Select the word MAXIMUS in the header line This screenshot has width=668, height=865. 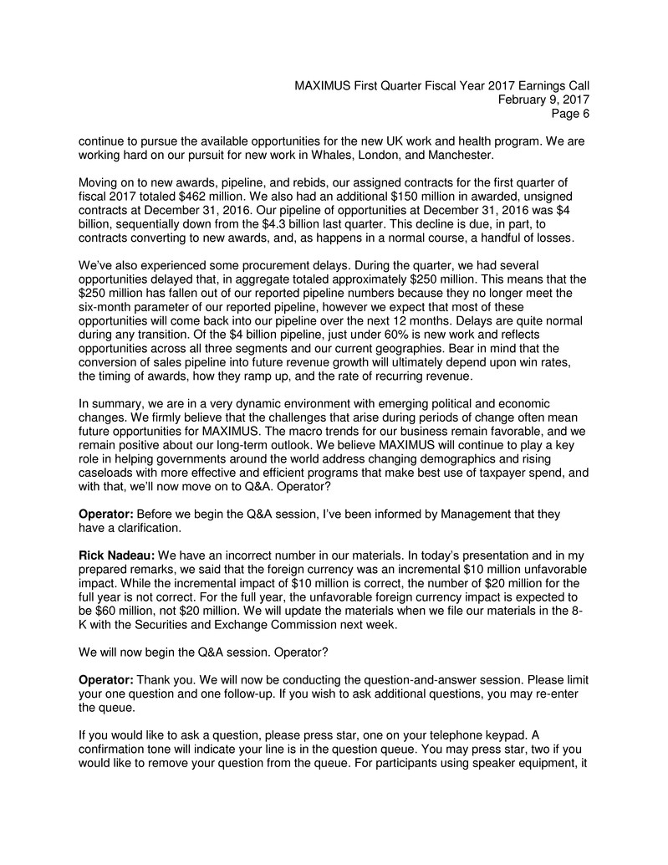(332, 85)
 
